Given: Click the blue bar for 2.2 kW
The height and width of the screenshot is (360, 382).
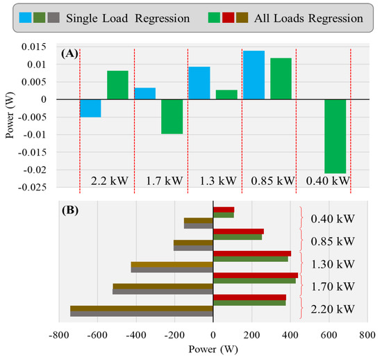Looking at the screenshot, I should coord(90,108).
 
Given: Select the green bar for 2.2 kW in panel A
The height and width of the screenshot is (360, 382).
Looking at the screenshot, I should coord(117,85).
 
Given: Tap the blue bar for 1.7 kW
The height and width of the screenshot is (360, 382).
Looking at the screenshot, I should coord(144,93).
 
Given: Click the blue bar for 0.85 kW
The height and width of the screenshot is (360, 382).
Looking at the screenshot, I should coord(254,75).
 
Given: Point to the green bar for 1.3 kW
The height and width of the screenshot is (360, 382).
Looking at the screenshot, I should coord(226,95).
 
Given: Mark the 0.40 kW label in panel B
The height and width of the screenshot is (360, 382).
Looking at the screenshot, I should coord(331,219).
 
